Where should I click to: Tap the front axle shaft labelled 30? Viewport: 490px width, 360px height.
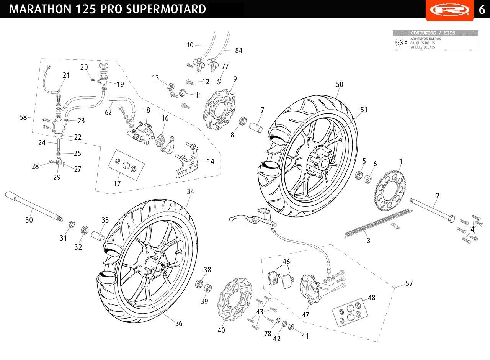pyautogui.click(x=33, y=207)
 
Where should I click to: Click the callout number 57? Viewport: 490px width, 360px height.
pyautogui.click(x=409, y=284)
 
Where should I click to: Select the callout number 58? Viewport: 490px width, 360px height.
pyautogui.click(x=24, y=117)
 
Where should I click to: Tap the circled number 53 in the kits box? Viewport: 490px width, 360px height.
pyautogui.click(x=399, y=43)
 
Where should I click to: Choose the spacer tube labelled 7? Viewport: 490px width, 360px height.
pyautogui.click(x=256, y=126)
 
